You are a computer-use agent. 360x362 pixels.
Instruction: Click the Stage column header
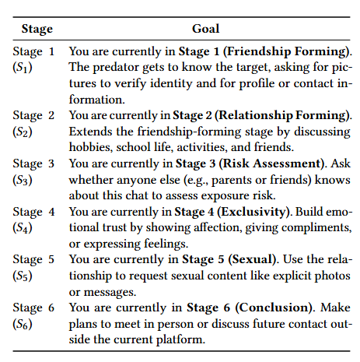click(37, 29)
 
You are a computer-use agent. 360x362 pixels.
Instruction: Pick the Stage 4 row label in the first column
click(33, 212)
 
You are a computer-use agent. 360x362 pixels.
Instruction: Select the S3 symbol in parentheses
click(23, 179)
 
